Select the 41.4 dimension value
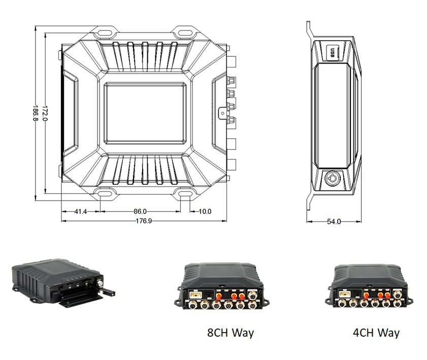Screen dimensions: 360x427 [x=81, y=211]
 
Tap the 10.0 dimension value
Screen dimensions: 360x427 [x=205, y=211]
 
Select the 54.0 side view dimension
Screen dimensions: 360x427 [x=334, y=221]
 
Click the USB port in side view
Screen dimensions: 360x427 [x=333, y=52]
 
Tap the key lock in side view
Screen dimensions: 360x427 [x=333, y=179]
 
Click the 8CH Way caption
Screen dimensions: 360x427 [x=230, y=333]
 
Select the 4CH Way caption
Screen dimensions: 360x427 [x=376, y=333]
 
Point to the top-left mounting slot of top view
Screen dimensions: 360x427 [x=104, y=32]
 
